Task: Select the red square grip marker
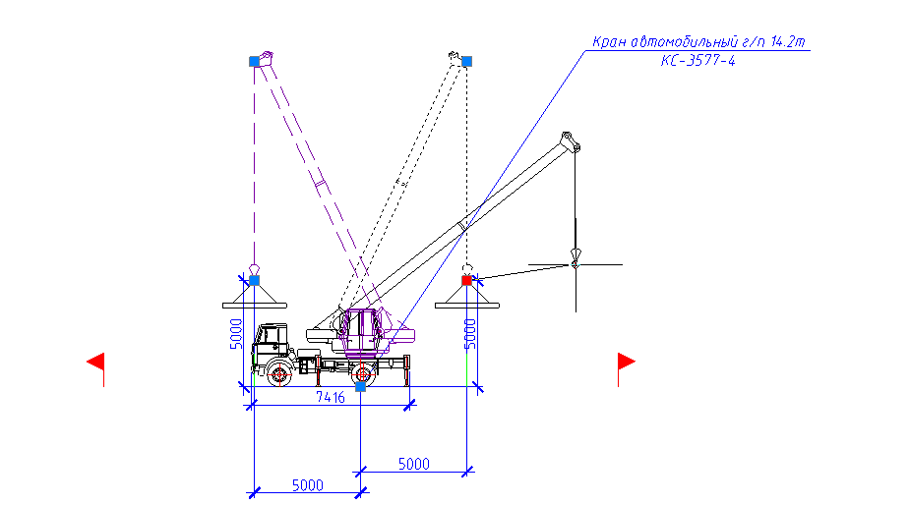[466, 280]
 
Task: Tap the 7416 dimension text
[330, 397]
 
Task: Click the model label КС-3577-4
[698, 61]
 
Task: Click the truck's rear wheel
[363, 374]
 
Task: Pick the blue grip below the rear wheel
[361, 387]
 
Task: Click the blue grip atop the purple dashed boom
[254, 61]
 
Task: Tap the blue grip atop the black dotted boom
[466, 61]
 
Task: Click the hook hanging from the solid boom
[576, 257]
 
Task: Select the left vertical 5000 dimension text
[236, 334]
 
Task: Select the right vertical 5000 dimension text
[470, 334]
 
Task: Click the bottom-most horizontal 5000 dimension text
[307, 485]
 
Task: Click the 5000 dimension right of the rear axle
[414, 464]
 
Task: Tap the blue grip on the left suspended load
[254, 280]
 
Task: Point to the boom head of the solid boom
[570, 141]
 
